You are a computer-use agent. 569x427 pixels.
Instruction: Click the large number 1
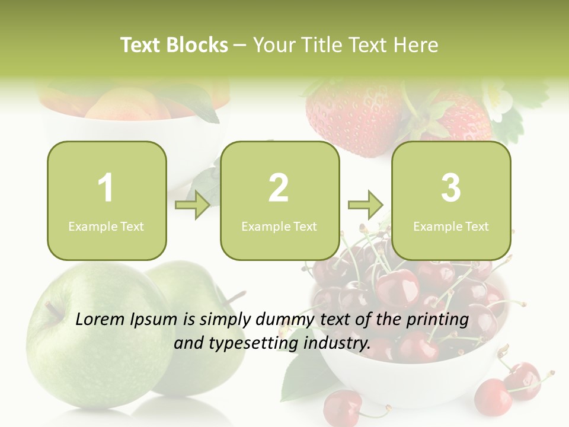106,188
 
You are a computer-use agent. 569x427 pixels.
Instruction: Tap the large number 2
279,188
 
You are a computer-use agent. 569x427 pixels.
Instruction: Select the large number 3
451,188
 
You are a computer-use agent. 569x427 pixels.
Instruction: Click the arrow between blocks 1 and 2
193,205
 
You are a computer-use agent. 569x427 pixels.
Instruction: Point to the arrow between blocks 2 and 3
365,205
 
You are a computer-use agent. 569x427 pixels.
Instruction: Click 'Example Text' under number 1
106,226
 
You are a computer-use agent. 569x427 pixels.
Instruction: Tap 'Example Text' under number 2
279,226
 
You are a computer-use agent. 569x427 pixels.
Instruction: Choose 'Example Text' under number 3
451,226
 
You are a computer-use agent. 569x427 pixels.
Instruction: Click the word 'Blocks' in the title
197,45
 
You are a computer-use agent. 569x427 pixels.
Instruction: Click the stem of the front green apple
53,308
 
